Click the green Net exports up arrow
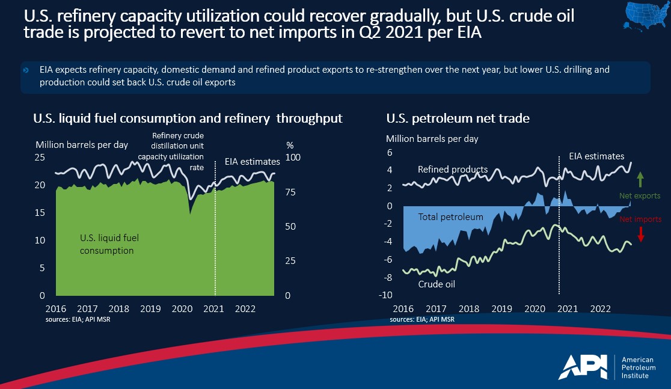coord(640,179)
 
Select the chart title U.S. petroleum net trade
coord(458,118)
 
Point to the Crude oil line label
coord(436,284)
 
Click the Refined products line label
coord(452,170)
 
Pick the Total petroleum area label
coord(450,217)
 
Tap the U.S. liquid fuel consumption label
coord(107,244)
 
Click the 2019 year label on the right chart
coord(501,308)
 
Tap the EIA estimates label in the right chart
coord(596,156)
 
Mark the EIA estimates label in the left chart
coord(253,162)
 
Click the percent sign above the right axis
coord(290,145)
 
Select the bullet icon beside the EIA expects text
coord(26,70)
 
